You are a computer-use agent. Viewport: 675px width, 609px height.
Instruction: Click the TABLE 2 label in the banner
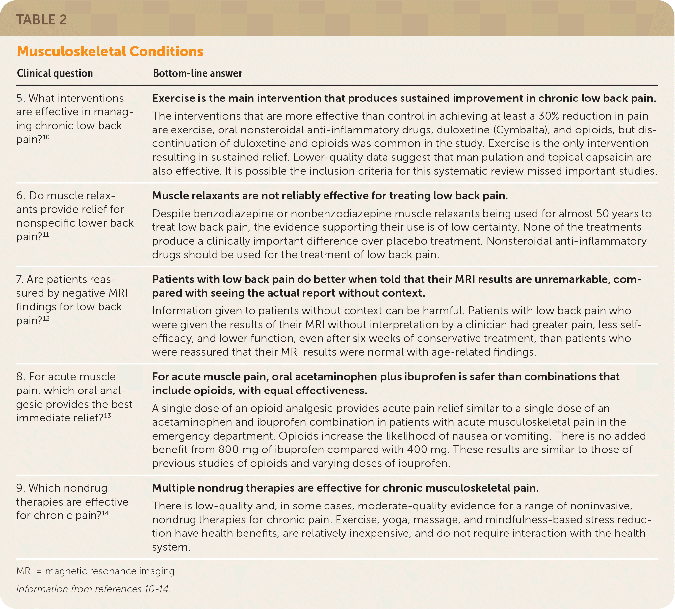click(41, 20)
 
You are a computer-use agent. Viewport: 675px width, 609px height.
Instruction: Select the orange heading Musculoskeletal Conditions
click(110, 51)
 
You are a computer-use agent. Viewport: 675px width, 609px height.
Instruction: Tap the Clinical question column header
click(55, 73)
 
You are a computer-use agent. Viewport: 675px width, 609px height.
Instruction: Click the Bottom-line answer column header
click(197, 73)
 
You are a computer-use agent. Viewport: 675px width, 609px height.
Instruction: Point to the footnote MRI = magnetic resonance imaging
click(96, 571)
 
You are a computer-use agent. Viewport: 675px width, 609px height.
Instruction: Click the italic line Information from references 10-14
click(93, 589)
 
